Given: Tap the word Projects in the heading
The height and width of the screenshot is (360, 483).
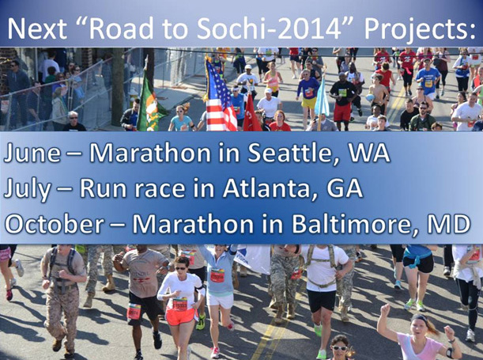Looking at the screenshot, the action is [x=420, y=29].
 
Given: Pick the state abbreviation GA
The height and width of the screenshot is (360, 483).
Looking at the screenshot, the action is [x=345, y=188].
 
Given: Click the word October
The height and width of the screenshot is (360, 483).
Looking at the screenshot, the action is [x=55, y=224].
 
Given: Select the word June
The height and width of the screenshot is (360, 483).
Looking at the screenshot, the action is [x=32, y=153].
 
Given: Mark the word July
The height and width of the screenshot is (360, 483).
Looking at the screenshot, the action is [x=28, y=190].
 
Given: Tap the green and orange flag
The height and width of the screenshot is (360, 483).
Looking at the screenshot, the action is [x=150, y=102].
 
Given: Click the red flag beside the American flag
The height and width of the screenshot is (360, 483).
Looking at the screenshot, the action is [x=251, y=114].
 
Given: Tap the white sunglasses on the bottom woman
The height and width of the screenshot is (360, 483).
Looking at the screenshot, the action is [x=339, y=348].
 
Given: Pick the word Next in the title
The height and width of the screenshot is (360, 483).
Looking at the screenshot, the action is [x=37, y=28].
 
